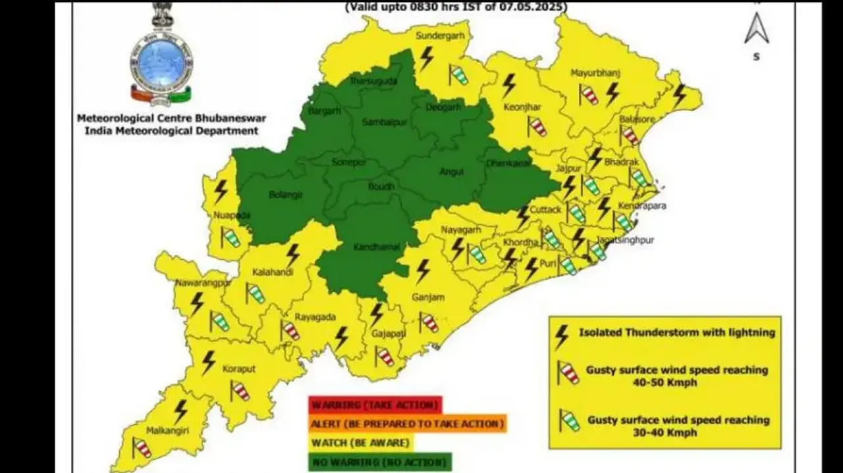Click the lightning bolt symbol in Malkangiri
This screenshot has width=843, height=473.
180,411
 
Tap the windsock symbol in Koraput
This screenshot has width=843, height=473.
240,390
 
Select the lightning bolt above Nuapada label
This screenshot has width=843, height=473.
221,191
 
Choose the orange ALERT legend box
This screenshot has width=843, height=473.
407,424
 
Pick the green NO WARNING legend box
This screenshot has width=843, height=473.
381,462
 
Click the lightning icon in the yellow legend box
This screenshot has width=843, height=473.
562,336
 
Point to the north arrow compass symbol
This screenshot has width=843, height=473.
756,29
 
